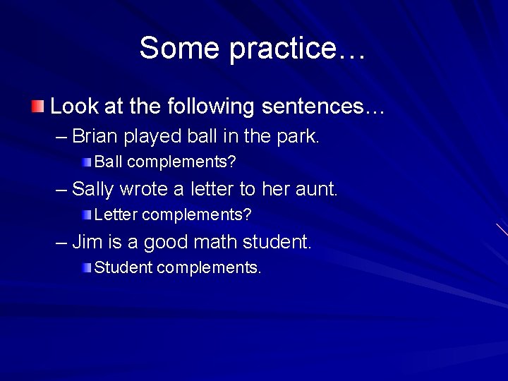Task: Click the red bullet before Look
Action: (37, 107)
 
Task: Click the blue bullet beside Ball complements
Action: (86, 162)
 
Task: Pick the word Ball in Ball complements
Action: (109, 162)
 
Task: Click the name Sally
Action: (94, 189)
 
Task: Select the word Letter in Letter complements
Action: (115, 214)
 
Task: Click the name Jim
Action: (87, 242)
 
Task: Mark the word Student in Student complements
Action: (123, 267)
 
